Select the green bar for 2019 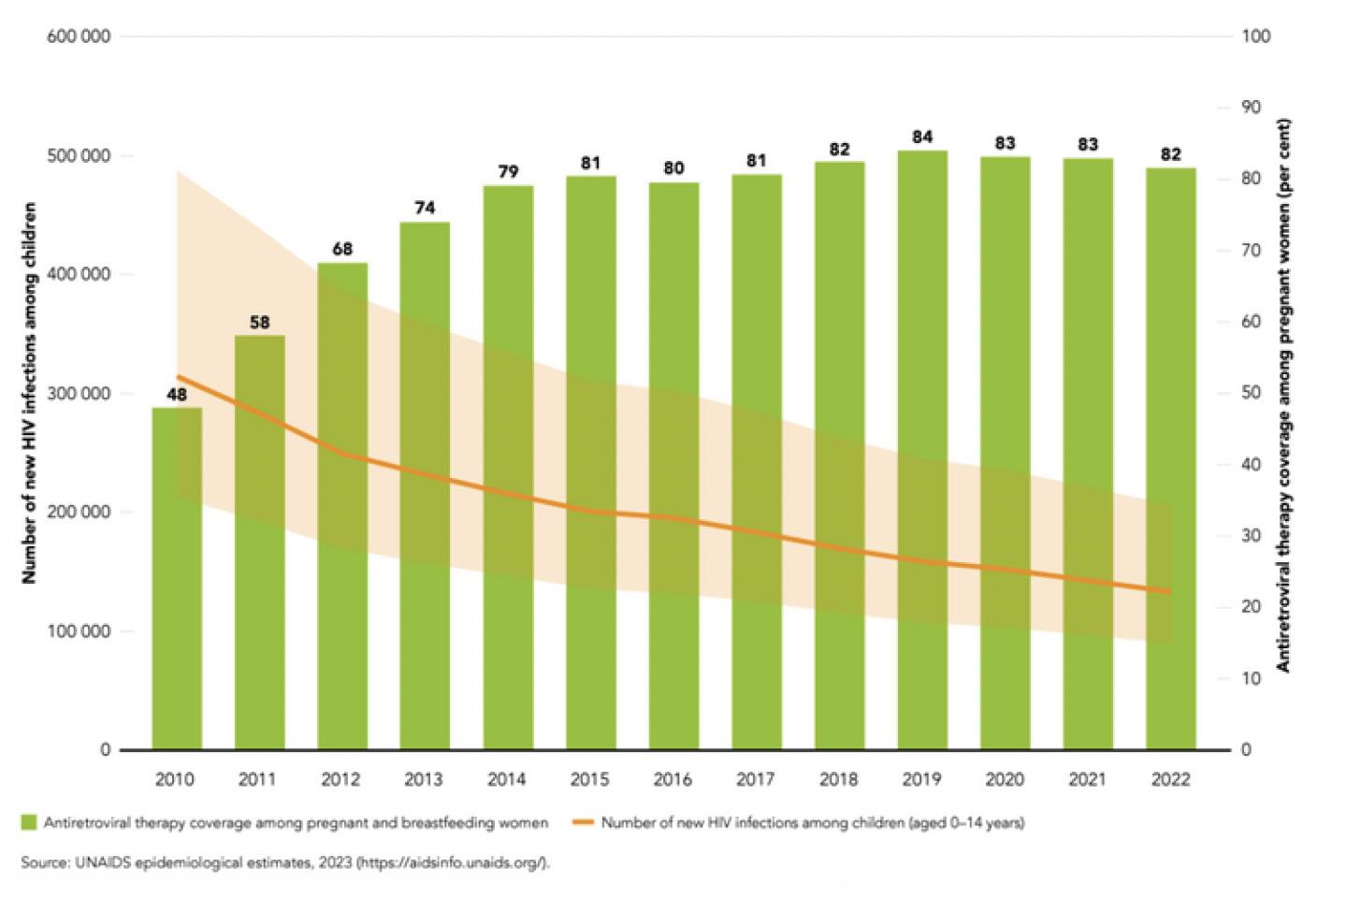[x=922, y=449]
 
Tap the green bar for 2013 [x=425, y=486]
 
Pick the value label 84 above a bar [x=922, y=138]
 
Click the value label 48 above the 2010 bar [x=177, y=395]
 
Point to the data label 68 [x=342, y=249]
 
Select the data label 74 [x=425, y=208]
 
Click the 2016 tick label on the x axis [x=673, y=779]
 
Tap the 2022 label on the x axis [x=1170, y=779]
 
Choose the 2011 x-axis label [x=257, y=779]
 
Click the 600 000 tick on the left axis [x=79, y=36]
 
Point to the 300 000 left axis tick [x=79, y=394]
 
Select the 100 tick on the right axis [x=1256, y=36]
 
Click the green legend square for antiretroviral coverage [x=29, y=823]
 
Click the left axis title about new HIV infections [x=29, y=393]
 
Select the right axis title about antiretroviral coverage [x=1283, y=393]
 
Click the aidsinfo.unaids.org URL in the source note [x=450, y=862]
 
